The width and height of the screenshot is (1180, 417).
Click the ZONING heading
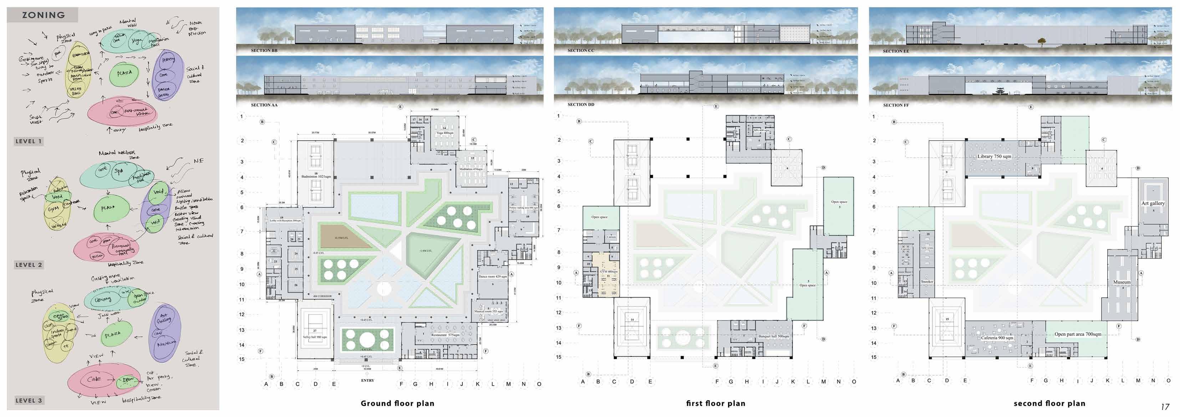coord(44,15)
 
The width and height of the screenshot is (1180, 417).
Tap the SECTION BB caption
coord(264,50)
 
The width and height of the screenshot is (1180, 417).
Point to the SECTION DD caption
coord(580,105)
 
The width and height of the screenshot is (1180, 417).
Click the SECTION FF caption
coord(896,105)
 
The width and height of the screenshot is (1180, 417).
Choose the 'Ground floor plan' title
coord(397,403)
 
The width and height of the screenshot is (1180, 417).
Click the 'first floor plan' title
coord(716,403)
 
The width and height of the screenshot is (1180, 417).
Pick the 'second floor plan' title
coord(1049,403)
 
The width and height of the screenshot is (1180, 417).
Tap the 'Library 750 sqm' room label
coord(994,156)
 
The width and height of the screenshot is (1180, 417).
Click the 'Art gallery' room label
coord(1153,203)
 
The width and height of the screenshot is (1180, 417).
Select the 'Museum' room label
coord(1122,282)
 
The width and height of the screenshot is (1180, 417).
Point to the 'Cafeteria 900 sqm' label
coord(997,338)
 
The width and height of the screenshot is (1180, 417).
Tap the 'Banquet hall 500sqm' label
coord(774,336)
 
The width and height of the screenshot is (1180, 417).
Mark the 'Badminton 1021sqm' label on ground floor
coord(316,176)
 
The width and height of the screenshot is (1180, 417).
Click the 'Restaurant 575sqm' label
coord(445,335)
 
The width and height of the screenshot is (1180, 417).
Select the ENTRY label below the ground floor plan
coord(367,380)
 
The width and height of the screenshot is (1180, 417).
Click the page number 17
coord(1165,406)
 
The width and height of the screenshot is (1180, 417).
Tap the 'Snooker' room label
coord(927,282)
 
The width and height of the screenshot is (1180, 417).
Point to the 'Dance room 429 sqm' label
coord(492,277)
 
